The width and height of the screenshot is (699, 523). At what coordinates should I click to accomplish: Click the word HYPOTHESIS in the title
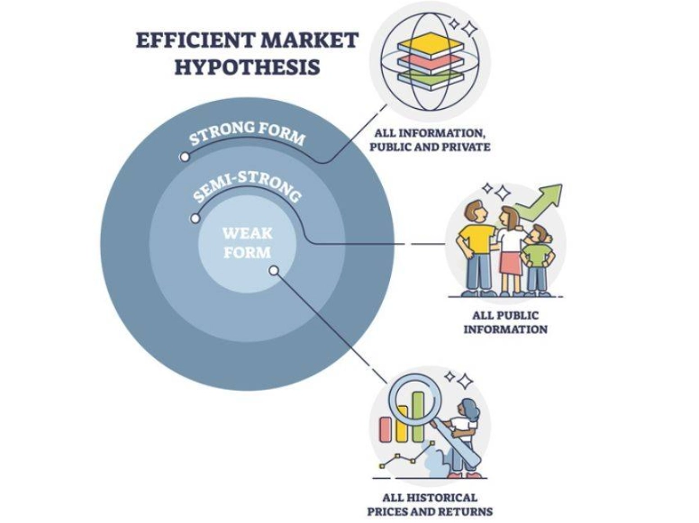click(x=226, y=67)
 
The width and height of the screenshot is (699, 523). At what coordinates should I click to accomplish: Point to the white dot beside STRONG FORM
click(x=185, y=157)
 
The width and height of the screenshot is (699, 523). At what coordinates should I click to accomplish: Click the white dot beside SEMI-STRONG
click(x=195, y=218)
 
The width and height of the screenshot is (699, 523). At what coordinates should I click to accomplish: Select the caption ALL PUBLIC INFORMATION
click(x=505, y=322)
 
